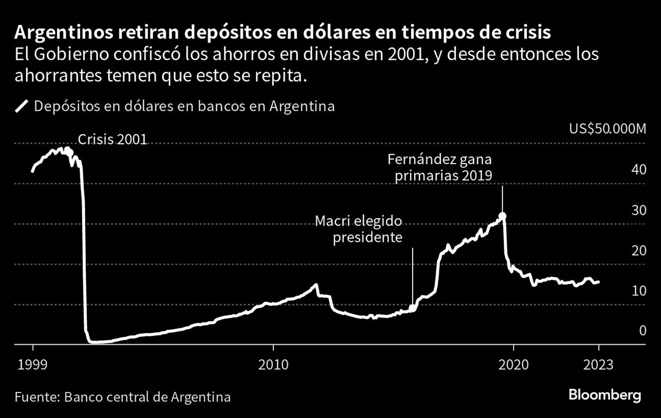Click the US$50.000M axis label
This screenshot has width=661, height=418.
tap(607, 129)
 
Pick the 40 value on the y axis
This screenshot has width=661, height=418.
tap(639, 170)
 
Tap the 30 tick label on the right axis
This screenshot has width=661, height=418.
tap(639, 210)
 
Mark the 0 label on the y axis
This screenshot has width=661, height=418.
tap(642, 331)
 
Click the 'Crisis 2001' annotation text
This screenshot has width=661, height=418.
tap(112, 140)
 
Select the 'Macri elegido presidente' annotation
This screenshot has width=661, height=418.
tap(359, 229)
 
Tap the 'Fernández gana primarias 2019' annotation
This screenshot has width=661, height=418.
tap(440, 168)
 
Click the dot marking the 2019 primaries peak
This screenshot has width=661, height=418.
tap(502, 216)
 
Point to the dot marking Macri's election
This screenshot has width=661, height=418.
tap(412, 308)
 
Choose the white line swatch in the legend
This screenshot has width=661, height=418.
tap(21, 106)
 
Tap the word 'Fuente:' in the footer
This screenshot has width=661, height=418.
tap(37, 397)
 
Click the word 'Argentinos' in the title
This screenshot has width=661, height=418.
tap(64, 33)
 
